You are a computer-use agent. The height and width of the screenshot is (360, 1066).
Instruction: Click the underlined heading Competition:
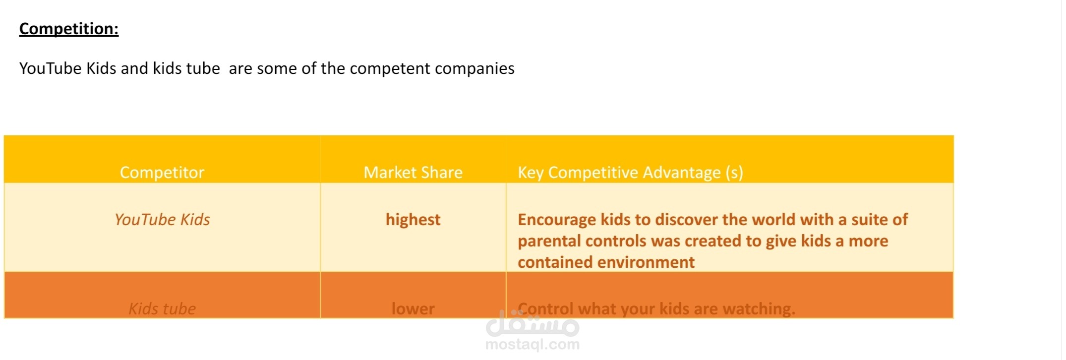[69, 29]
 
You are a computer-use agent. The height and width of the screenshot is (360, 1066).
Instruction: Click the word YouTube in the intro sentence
[51, 68]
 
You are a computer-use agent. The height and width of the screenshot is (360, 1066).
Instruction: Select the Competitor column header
[162, 173]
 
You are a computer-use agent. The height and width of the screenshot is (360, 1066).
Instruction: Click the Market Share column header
[413, 173]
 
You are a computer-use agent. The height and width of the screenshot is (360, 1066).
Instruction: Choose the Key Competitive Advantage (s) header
[630, 173]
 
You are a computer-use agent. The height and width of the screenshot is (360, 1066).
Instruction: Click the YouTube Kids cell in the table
[162, 220]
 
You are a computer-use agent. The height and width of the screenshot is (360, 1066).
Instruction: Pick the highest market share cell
[413, 220]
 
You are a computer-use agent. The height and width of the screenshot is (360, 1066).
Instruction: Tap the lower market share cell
[413, 309]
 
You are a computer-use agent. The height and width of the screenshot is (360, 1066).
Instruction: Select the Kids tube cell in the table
[162, 309]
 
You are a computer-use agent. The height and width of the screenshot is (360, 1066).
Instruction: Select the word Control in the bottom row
[545, 309]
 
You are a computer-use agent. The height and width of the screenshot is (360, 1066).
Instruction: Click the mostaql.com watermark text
[533, 344]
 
